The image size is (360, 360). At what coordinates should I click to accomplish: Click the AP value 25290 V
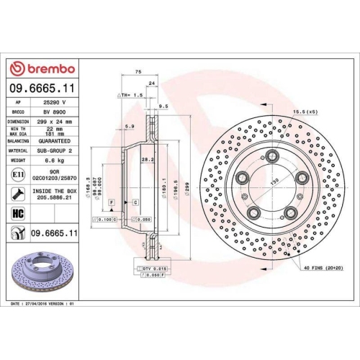tap(48, 102)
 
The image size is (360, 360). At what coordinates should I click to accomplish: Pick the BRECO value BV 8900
tap(48, 113)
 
